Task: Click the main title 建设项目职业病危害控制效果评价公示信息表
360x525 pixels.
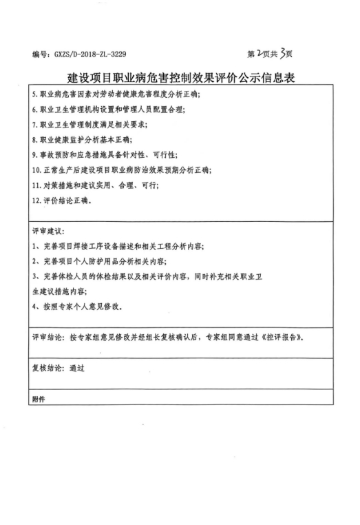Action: [181, 74]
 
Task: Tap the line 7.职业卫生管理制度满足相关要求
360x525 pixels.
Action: [89, 125]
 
